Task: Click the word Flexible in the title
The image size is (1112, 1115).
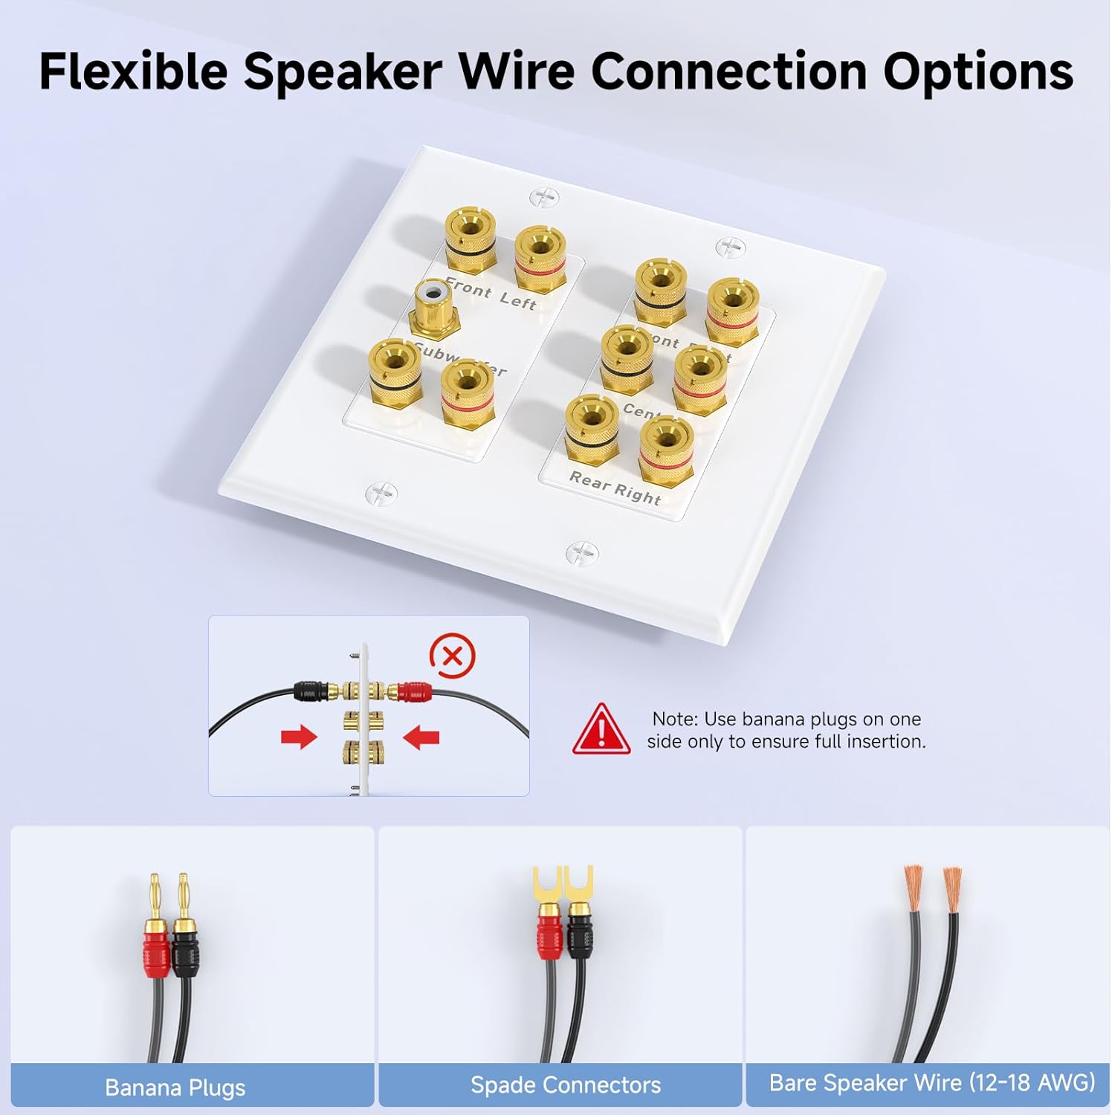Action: click(x=133, y=72)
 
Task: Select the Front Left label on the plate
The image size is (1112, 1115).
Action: click(x=490, y=294)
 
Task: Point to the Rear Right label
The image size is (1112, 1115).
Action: click(x=615, y=488)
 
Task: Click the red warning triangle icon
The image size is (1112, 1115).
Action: click(x=601, y=730)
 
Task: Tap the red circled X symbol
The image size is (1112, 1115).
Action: click(x=452, y=656)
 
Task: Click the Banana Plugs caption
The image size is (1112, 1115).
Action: click(x=175, y=1087)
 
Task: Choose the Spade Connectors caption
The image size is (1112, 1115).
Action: click(x=566, y=1085)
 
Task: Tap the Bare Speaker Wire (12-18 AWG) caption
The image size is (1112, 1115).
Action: click(x=932, y=1082)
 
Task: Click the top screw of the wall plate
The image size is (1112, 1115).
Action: click(x=543, y=197)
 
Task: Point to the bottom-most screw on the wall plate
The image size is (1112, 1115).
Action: click(x=581, y=552)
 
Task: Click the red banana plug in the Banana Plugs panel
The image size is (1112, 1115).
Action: click(x=157, y=948)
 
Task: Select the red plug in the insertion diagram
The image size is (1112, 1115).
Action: click(x=413, y=692)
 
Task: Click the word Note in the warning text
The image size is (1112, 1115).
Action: click(x=674, y=719)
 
